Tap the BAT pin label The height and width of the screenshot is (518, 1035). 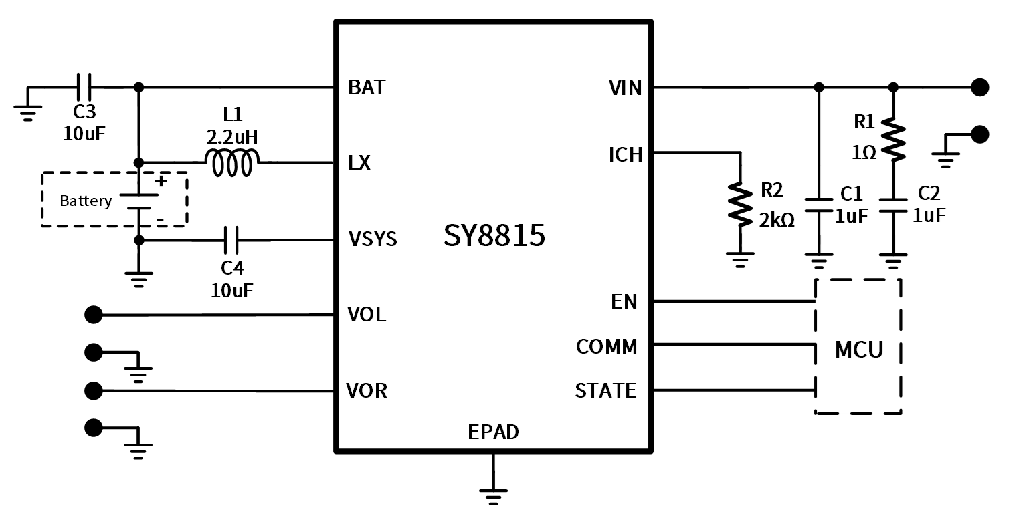coord(367,88)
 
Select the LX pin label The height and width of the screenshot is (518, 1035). coord(359,163)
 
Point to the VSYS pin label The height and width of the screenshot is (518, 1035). coord(373,239)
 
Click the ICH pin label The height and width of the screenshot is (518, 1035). coord(626,155)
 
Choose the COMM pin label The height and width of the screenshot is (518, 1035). coord(606,346)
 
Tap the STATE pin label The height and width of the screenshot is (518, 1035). coord(605,390)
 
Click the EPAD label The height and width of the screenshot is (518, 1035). coord(493,432)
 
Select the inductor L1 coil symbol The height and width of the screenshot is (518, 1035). coord(232,163)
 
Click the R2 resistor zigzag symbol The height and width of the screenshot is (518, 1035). coord(740,204)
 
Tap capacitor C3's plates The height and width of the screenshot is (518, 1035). coord(84,87)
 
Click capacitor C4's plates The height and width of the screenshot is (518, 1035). coord(231,239)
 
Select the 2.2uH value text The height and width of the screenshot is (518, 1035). coord(232,137)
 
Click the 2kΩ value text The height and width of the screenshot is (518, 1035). coord(777,220)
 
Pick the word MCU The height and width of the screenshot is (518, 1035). coord(859,350)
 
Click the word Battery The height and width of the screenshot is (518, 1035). coord(86,201)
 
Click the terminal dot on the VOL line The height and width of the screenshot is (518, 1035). coord(94,315)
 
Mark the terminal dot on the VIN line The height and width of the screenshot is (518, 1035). coord(979,87)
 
